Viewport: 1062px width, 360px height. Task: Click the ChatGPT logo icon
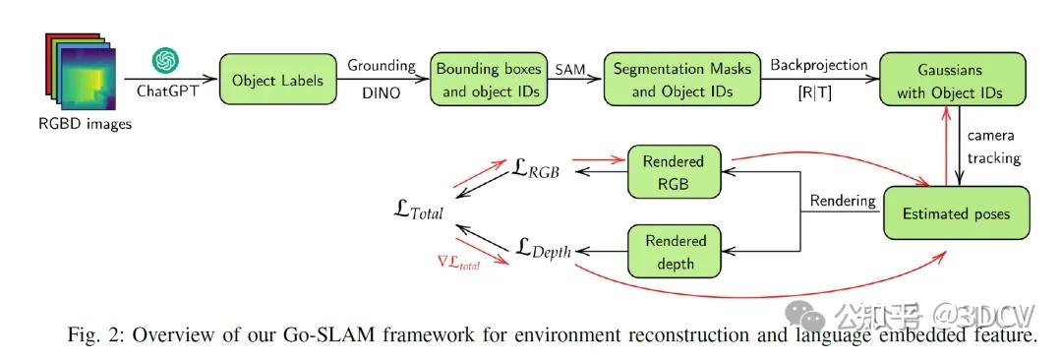[165, 61]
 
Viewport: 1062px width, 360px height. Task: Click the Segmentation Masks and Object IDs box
[682, 81]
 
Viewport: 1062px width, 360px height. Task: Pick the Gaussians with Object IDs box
[952, 81]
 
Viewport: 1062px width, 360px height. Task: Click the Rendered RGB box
[674, 170]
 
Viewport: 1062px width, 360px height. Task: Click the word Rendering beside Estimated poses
[842, 202]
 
